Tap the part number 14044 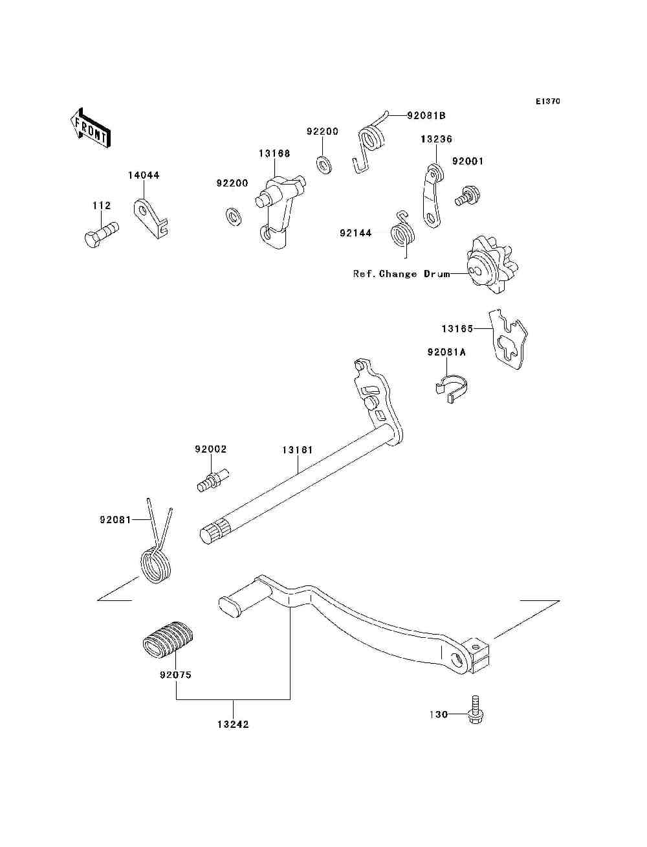144,175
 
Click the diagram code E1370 547,102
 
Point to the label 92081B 426,116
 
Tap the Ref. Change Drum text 401,274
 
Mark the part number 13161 298,449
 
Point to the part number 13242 233,725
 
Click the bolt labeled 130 476,712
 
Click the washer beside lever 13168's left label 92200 232,215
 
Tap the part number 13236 436,139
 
